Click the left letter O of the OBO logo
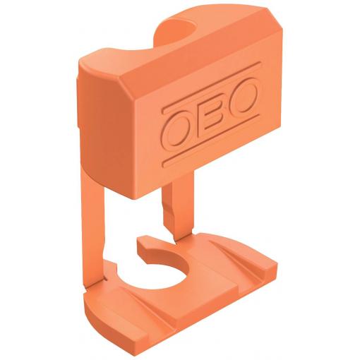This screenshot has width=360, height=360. click(176, 130)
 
